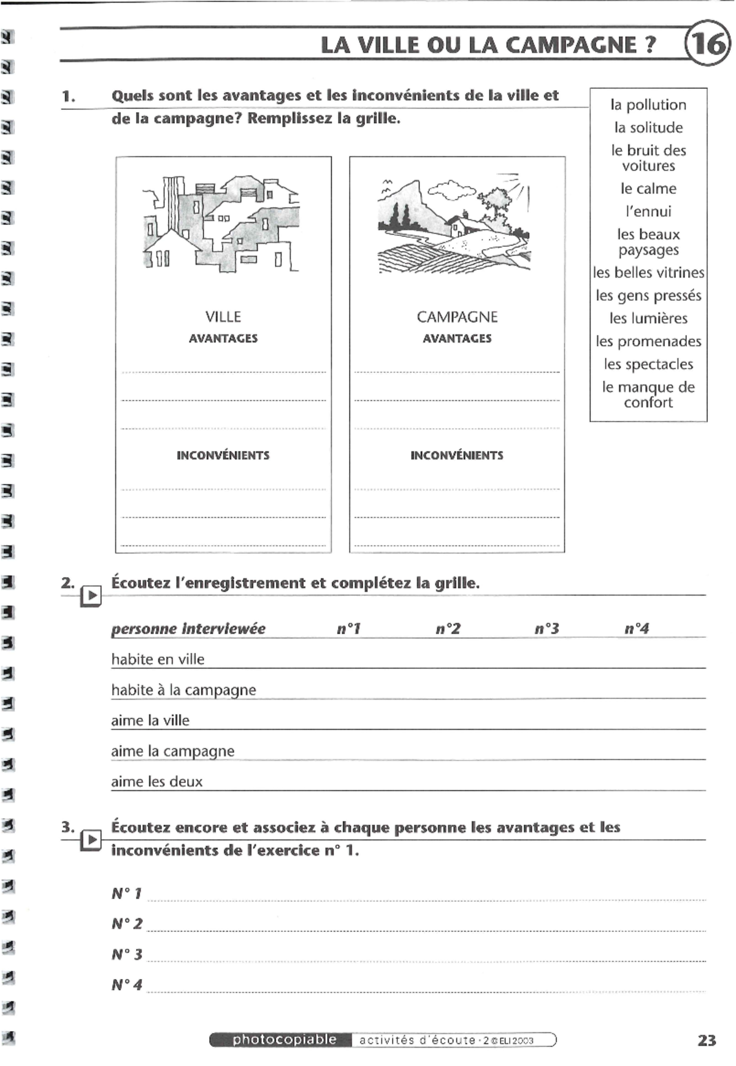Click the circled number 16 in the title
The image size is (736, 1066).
click(x=708, y=44)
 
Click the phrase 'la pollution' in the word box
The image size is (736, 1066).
click(x=648, y=105)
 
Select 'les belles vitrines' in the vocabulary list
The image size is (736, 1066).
click(x=648, y=273)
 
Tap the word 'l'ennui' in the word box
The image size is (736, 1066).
click(x=648, y=211)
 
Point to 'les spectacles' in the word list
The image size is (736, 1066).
click(x=648, y=364)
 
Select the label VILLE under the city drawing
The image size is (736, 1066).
click(x=223, y=317)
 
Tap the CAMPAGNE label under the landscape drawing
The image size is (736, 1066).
click(x=457, y=317)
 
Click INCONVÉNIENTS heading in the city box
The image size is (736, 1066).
click(x=223, y=455)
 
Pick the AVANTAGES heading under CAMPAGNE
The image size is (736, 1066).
click(x=457, y=338)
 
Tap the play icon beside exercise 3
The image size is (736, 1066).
click(x=91, y=840)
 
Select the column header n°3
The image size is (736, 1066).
click(x=546, y=629)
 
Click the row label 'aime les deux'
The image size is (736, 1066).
click(x=156, y=782)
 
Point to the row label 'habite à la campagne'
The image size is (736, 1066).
click(x=183, y=690)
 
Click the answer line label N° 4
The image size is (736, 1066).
click(x=127, y=985)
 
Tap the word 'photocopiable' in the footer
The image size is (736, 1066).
click(x=284, y=1040)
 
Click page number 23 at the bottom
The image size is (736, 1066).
click(x=707, y=1040)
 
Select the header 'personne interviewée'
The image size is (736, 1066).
click(x=188, y=629)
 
